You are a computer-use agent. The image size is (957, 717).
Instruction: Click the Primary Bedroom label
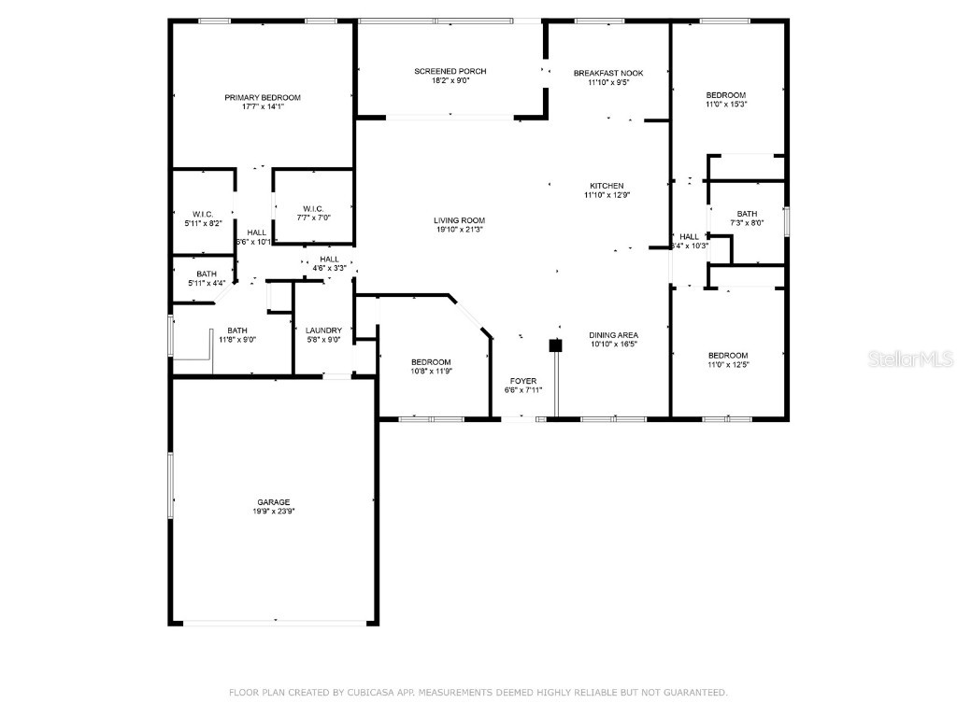pos(262,97)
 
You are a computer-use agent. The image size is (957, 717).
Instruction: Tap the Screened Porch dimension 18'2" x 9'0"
pos(450,81)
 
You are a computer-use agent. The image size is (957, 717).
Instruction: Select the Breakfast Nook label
pos(608,72)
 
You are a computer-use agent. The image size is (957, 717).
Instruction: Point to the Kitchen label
pos(606,185)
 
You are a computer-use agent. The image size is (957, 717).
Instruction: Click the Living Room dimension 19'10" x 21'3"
pos(460,230)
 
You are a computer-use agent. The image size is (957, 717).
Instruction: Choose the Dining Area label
pos(613,334)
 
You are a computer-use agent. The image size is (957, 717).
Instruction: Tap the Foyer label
pos(522,380)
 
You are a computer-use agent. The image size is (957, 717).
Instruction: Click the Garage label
pos(274,501)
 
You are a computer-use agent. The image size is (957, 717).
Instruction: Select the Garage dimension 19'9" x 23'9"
pos(274,512)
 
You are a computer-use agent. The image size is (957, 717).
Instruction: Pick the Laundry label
pos(323,330)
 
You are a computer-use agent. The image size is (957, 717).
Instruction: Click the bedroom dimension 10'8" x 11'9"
pos(431,372)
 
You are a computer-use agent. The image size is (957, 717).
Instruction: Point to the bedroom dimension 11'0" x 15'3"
pos(726,104)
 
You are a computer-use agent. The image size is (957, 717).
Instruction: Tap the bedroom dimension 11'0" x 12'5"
pos(727,365)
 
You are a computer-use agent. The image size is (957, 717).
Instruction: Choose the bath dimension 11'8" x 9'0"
pos(237,340)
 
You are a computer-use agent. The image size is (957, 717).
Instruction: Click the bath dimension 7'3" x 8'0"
pos(746,223)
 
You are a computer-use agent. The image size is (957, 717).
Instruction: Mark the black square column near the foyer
pos(555,345)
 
